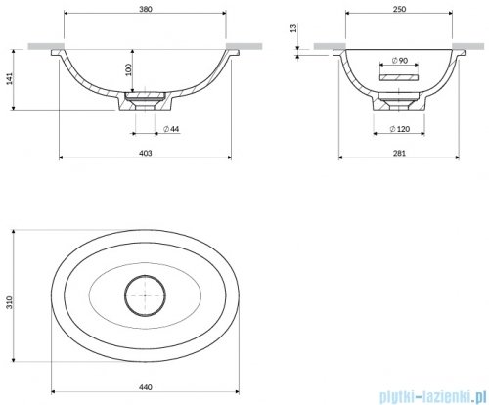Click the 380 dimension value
tap(146, 9)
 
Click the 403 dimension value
tap(146, 153)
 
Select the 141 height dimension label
tap(10, 79)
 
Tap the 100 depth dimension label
tap(129, 69)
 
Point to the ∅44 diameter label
tap(171, 129)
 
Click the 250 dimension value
tap(399, 9)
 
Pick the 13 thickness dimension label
tap(293, 28)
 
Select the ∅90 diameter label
tap(400, 61)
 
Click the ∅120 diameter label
tap(400, 129)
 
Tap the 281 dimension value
tap(399, 153)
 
